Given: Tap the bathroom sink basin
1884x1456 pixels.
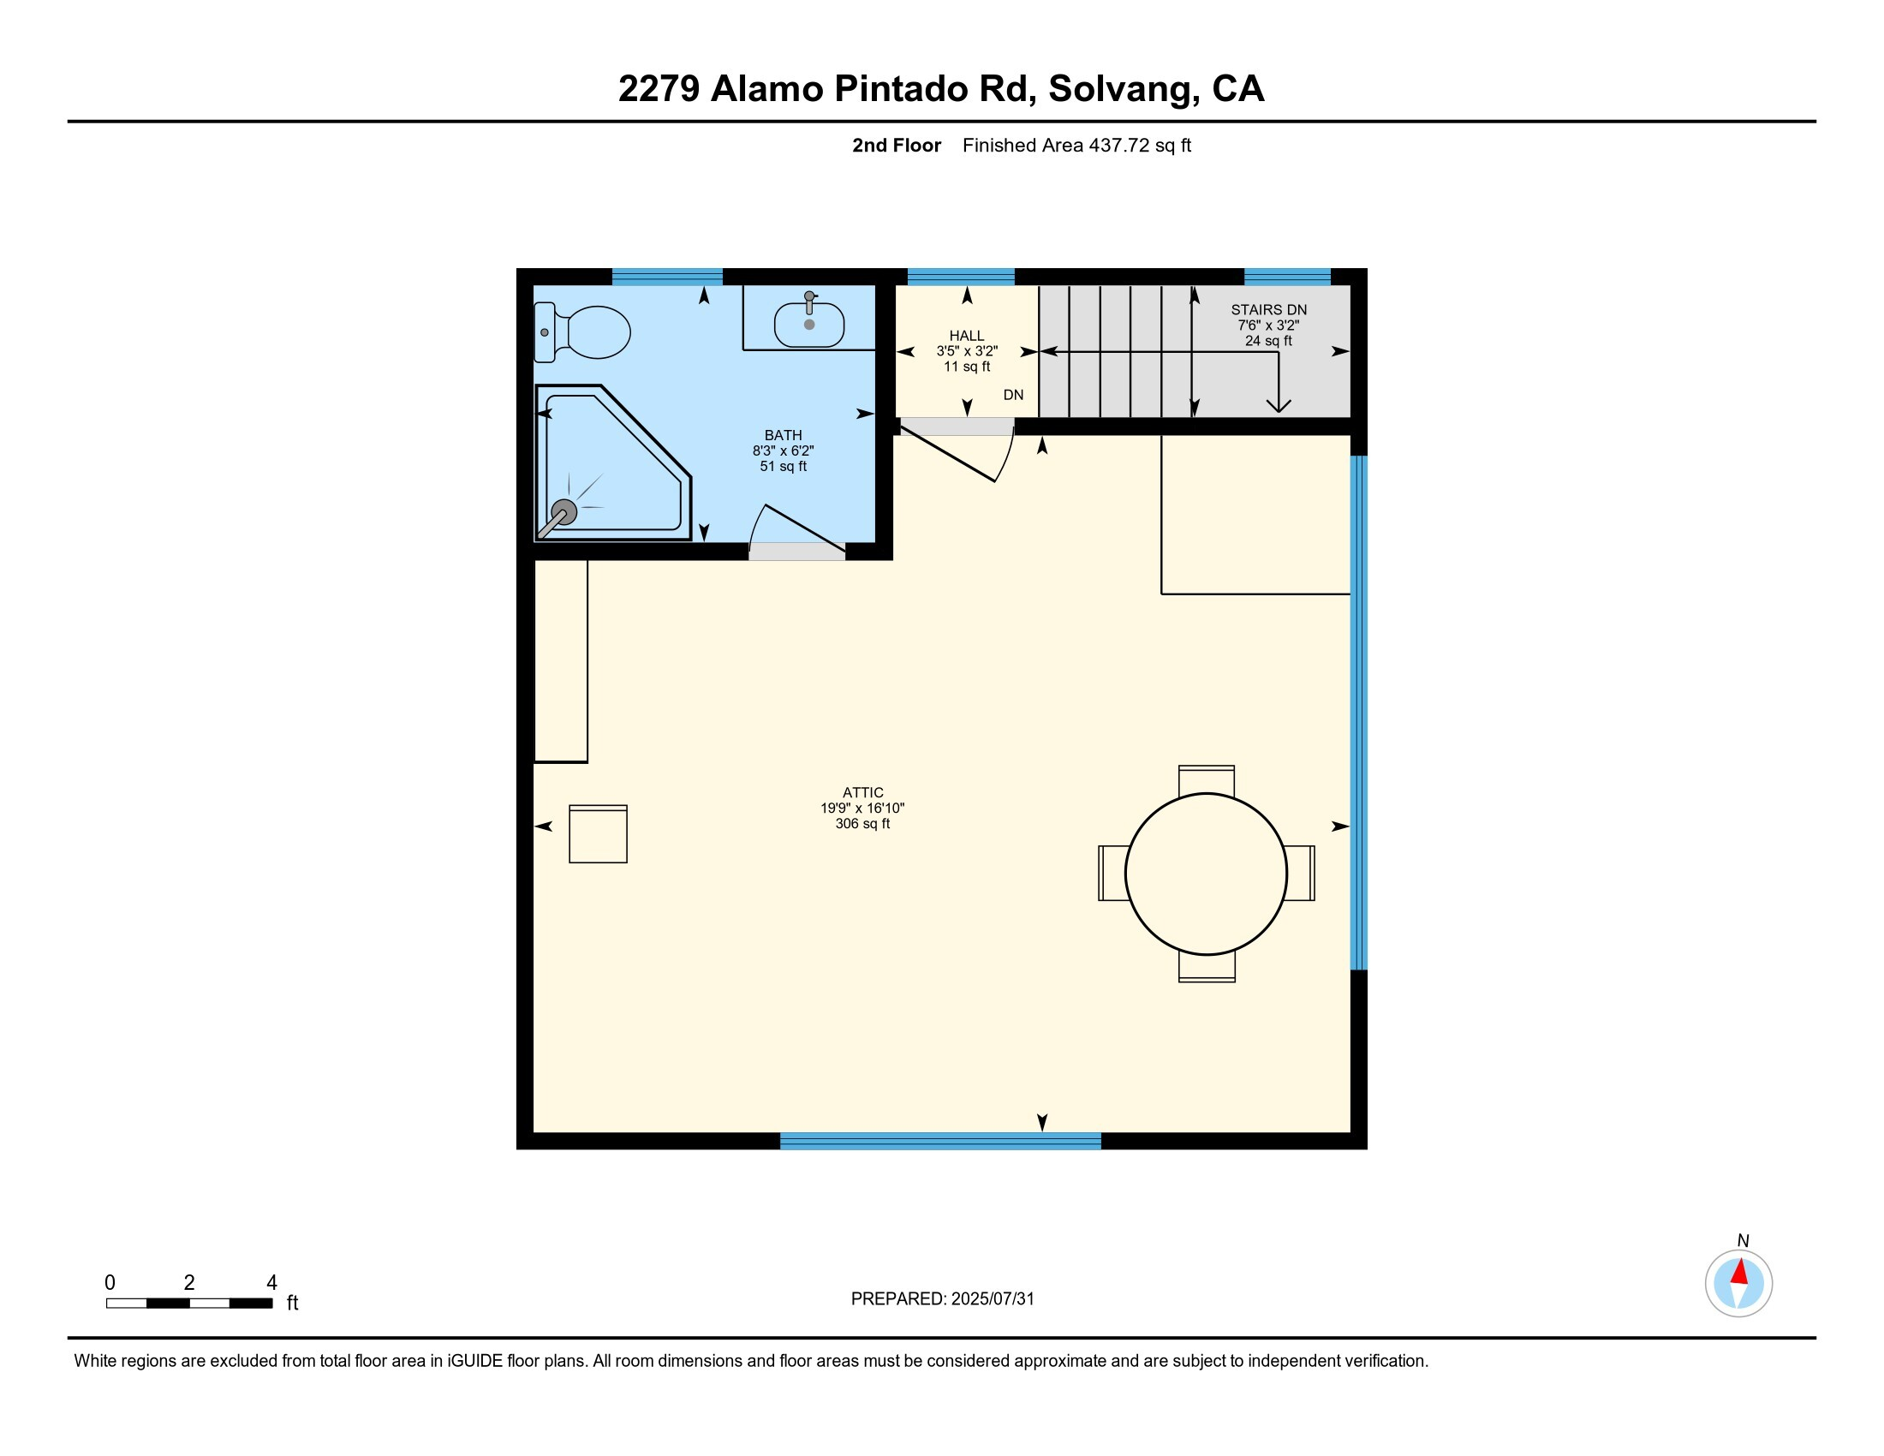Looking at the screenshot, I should pos(808,325).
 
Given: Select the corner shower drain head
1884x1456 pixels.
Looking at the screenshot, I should pos(563,511).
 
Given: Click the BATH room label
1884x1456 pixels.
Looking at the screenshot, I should pos(783,436).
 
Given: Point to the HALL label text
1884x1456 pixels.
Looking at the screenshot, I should pos(966,336).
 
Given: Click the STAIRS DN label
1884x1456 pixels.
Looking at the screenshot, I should pos(1268,310).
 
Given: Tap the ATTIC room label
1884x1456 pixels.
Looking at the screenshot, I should pos(862,793).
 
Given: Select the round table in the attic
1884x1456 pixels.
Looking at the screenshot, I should pos(1206,874).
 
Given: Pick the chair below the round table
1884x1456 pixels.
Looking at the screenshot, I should pos(1206,967).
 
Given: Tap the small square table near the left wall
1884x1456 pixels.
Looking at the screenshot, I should pos(598,834).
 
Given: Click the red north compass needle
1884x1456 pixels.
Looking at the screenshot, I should pos(1740,1272).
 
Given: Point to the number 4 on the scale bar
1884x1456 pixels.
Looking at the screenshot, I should pos(271,1283).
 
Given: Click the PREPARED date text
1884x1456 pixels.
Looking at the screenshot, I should pos(942,1299).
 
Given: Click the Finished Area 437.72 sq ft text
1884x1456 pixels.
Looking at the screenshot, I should pos(1076,146).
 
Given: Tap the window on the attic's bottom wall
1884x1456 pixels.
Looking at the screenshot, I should pos(940,1141).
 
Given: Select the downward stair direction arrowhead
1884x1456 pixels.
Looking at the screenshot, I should pos(1278,404).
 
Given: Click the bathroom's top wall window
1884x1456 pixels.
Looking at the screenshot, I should pos(667,277).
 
